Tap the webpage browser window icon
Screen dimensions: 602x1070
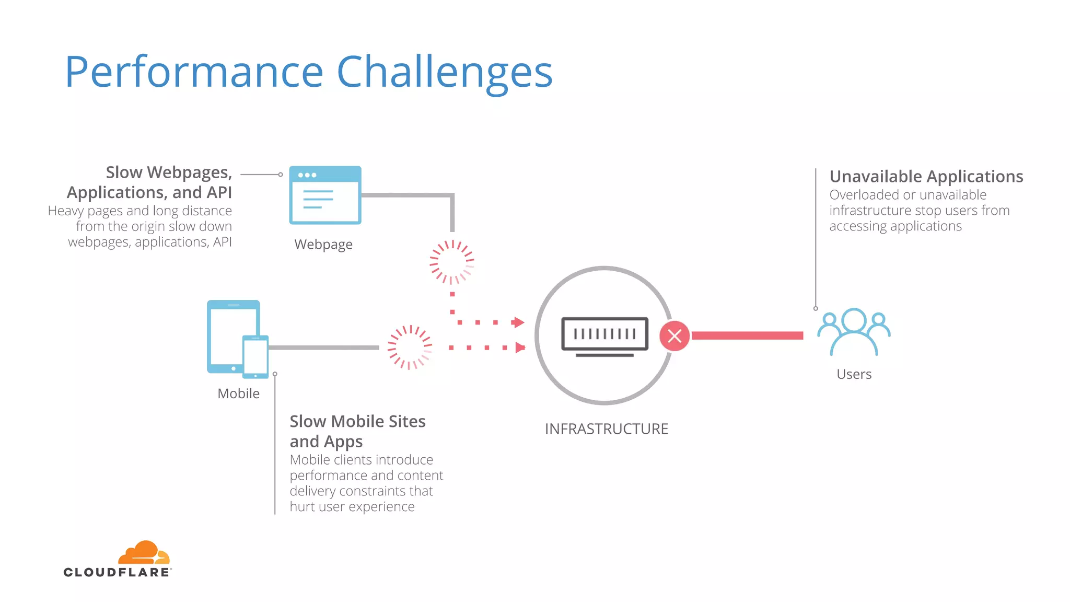click(x=325, y=195)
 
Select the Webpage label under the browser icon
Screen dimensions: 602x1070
click(x=323, y=245)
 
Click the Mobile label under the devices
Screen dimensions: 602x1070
click(x=238, y=393)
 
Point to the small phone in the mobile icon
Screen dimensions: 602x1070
click(x=255, y=356)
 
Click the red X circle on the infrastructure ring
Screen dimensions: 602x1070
click(x=674, y=336)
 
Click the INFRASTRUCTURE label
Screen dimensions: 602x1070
click(x=606, y=429)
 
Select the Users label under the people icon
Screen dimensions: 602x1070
click(x=854, y=374)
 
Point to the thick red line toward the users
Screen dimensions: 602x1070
click(x=747, y=335)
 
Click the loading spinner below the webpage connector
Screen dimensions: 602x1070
click(x=452, y=262)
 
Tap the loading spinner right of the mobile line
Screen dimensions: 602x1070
click(x=410, y=348)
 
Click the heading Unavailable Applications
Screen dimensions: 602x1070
click(x=926, y=177)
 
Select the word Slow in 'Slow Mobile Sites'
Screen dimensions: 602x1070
click(x=308, y=422)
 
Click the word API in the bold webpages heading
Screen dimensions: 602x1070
click(x=219, y=193)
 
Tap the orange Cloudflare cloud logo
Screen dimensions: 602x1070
click(x=144, y=553)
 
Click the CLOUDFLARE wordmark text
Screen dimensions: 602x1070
click(x=117, y=572)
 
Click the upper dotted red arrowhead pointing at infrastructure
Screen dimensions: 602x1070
click(x=518, y=322)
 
